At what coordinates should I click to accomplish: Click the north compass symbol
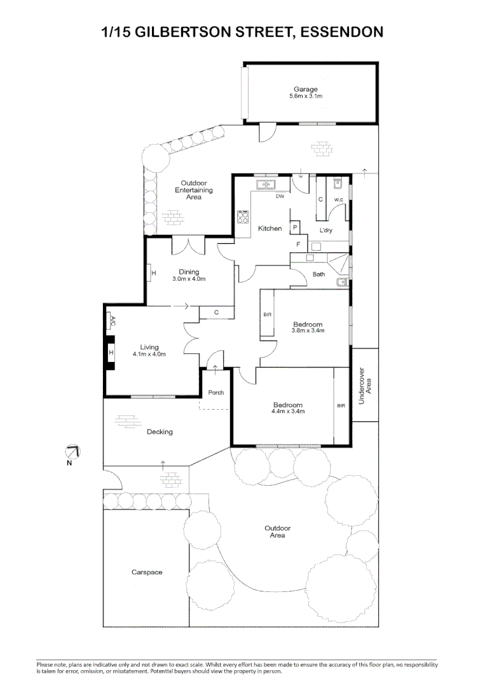[x=73, y=452]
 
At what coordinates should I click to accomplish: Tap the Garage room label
[x=305, y=90]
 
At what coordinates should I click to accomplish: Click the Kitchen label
[x=270, y=228]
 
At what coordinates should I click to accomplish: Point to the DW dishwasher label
[x=279, y=196]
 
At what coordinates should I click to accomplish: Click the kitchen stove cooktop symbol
[x=242, y=217]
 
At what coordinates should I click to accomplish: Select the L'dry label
[x=325, y=230]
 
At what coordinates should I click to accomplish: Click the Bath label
[x=318, y=274]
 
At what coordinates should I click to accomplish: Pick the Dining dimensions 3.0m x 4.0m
[x=189, y=279]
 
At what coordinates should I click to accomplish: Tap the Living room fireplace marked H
[x=111, y=353]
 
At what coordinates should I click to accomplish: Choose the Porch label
[x=215, y=393]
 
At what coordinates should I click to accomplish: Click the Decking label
[x=160, y=432]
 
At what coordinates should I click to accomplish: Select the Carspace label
[x=147, y=572]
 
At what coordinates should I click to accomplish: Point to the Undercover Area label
[x=365, y=386]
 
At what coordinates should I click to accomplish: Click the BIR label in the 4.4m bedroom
[x=341, y=405]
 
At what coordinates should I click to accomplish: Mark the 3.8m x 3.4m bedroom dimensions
[x=308, y=330]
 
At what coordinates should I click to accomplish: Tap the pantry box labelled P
[x=295, y=227]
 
